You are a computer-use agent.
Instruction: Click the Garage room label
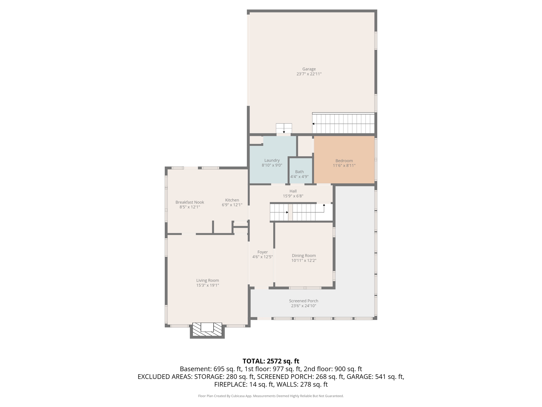(309, 69)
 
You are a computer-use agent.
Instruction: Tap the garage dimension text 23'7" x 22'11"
(309, 74)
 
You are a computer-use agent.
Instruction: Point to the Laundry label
(272, 160)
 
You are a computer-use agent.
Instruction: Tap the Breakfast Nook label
(189, 202)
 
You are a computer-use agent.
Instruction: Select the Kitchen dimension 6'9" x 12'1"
(232, 205)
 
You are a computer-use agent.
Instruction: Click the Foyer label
(262, 252)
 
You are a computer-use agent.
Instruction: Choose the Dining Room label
(304, 255)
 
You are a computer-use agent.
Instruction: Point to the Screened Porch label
(303, 301)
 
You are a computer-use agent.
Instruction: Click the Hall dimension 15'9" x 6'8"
(293, 196)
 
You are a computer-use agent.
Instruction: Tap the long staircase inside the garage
(343, 124)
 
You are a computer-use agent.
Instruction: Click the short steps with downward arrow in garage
(284, 128)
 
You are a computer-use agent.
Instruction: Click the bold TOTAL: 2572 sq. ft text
(271, 361)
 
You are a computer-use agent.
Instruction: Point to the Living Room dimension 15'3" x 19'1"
(207, 285)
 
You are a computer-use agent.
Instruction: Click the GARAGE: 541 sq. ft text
(375, 377)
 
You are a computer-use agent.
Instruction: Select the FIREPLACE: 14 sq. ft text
(243, 384)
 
